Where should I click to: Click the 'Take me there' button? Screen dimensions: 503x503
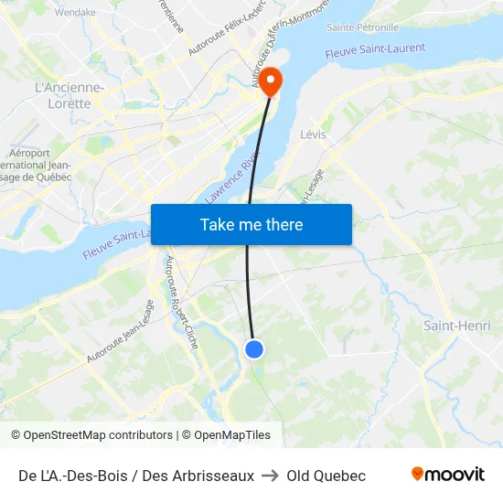click(x=251, y=224)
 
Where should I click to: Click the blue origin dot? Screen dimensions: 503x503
click(x=254, y=348)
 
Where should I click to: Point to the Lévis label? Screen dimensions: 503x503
click(x=313, y=134)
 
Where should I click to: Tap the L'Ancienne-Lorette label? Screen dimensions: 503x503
click(x=69, y=95)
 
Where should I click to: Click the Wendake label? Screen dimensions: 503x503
click(x=75, y=13)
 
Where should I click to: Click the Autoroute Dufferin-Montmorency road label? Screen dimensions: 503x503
click(x=285, y=37)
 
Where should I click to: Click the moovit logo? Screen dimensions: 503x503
click(x=448, y=475)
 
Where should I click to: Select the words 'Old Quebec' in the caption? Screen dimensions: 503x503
click(x=326, y=476)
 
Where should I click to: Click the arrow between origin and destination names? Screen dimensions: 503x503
click(x=270, y=476)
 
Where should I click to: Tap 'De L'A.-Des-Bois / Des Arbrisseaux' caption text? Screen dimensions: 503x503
click(x=135, y=476)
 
